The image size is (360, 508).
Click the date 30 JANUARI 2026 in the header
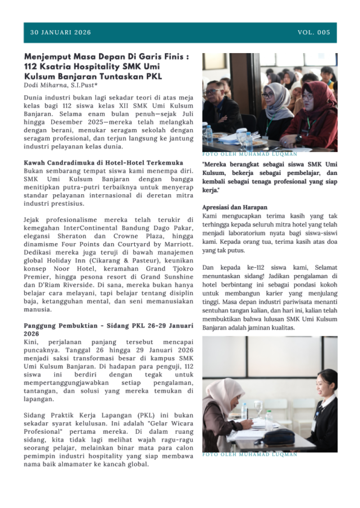click(x=60, y=32)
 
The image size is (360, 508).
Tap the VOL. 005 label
click(x=314, y=32)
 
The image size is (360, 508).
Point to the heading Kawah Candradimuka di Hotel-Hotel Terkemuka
click(x=103, y=162)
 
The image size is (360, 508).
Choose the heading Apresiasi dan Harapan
click(x=235, y=207)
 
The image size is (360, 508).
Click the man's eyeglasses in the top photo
click(x=212, y=92)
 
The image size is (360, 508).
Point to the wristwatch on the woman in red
click(x=299, y=138)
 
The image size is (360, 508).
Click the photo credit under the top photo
click(x=250, y=154)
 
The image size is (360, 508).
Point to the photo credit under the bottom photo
click(x=250, y=455)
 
